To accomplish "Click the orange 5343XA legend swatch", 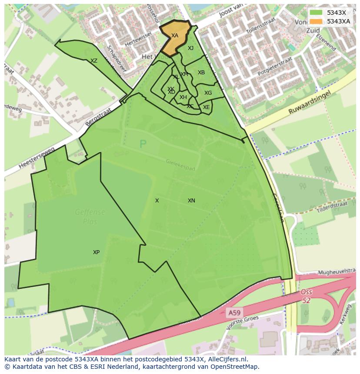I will (317, 21).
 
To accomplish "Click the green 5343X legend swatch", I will (317, 13).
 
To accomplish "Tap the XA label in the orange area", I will (174, 36).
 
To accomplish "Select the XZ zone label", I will (94, 61).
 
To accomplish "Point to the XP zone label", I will (96, 252).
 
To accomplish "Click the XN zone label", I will (191, 201).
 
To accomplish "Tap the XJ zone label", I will (190, 48).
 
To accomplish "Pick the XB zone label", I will (201, 73).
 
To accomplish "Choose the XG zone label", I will (208, 93).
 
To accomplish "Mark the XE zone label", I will (206, 107).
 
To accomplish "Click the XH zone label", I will (183, 97).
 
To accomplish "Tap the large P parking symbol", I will (143, 144).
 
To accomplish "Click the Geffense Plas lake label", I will (90, 216).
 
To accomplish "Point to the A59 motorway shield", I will (235, 312).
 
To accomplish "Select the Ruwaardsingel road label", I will (310, 103).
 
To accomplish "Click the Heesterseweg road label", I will (37, 158).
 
